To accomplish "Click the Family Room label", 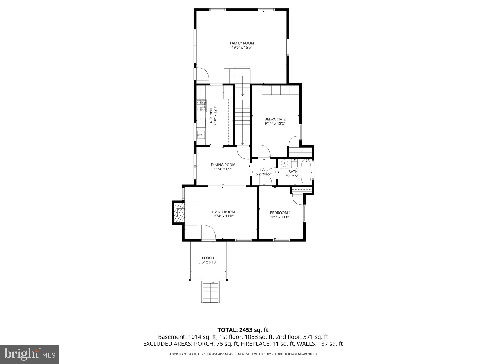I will pyautogui.click(x=242, y=43).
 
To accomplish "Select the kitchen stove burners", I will pyautogui.click(x=201, y=106).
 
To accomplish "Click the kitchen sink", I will pyautogui.click(x=201, y=134).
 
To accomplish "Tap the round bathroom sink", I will pyautogui.click(x=285, y=163).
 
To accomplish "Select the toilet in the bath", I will pyautogui.click(x=294, y=165).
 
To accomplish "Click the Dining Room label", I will pyautogui.click(x=223, y=165).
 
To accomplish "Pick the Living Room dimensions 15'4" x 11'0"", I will pyautogui.click(x=223, y=216).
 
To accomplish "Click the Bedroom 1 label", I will pyautogui.click(x=280, y=213).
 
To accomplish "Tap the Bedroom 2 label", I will pyautogui.click(x=275, y=119).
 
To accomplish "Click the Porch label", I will pyautogui.click(x=208, y=258).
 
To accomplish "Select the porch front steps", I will pyautogui.click(x=210, y=292).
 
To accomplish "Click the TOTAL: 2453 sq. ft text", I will pyautogui.click(x=243, y=330).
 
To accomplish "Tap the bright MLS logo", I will pyautogui.click(x=29, y=353).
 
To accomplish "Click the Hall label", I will pyautogui.click(x=264, y=170).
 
